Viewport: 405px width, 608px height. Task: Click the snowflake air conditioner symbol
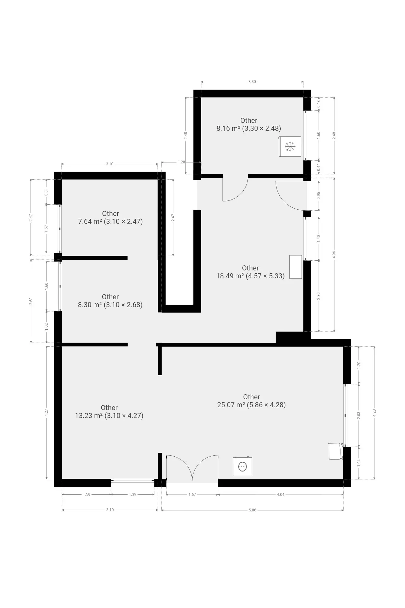click(x=290, y=146)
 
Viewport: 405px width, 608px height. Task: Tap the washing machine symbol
click(x=242, y=466)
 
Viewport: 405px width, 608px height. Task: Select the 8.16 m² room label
click(x=249, y=124)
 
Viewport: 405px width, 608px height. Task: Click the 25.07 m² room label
click(x=252, y=401)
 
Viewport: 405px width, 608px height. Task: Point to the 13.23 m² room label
click(x=109, y=412)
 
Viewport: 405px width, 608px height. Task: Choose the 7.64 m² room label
click(x=110, y=218)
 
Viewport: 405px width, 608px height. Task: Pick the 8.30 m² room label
click(x=110, y=301)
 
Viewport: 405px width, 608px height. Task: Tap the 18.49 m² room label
click(x=250, y=272)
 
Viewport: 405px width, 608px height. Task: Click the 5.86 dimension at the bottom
click(x=252, y=510)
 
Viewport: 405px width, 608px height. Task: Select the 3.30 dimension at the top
click(x=252, y=82)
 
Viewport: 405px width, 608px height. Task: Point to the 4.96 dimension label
click(x=334, y=255)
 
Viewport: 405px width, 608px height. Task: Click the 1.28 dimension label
click(x=181, y=162)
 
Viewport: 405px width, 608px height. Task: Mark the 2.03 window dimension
click(x=359, y=415)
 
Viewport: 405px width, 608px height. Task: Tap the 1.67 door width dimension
click(x=192, y=494)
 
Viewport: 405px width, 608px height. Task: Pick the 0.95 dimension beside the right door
click(x=319, y=195)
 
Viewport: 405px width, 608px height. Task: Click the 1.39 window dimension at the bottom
click(x=133, y=494)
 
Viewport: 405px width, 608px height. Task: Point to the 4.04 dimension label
click(x=281, y=494)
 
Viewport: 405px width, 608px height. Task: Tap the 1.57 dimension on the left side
click(x=46, y=229)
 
